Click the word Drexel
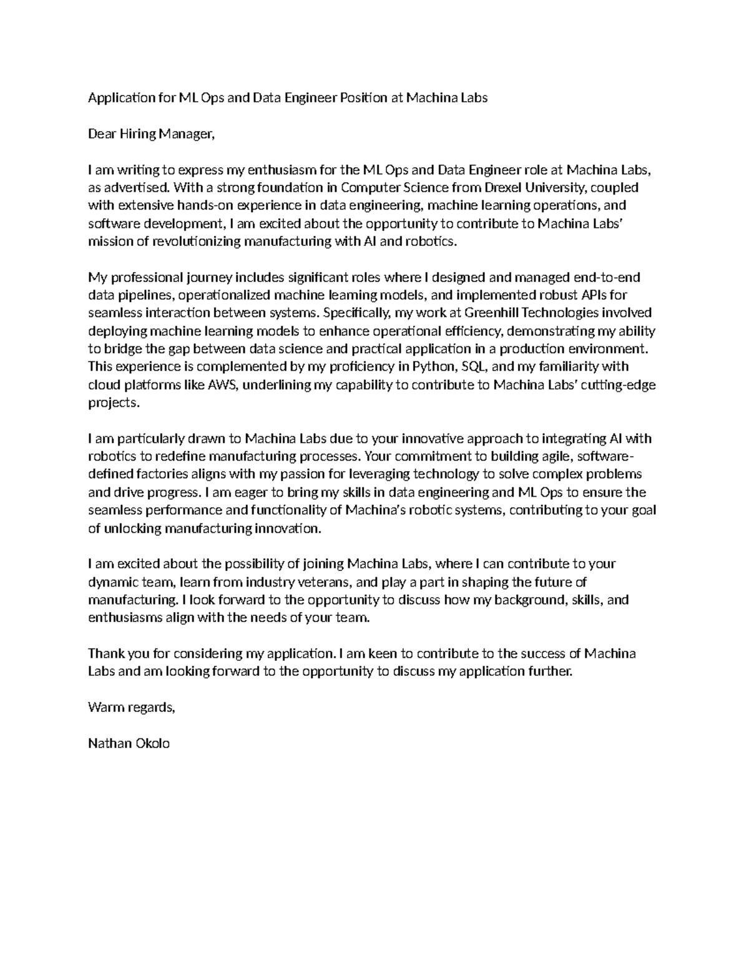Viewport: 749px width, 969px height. (x=513, y=187)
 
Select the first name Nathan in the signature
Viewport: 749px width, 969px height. (x=109, y=743)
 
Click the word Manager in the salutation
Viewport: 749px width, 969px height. (x=185, y=134)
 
